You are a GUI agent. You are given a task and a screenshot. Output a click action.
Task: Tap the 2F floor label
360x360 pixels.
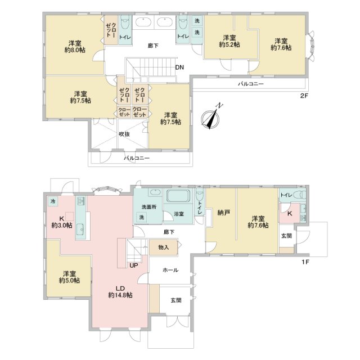[304, 96]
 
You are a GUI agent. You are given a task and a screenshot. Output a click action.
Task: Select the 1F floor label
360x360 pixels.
[305, 262]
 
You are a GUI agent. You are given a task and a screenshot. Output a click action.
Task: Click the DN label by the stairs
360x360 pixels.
[179, 67]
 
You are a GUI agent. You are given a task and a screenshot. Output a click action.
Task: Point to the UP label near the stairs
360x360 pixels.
[134, 265]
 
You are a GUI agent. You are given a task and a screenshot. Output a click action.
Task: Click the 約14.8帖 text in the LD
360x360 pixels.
[120, 295]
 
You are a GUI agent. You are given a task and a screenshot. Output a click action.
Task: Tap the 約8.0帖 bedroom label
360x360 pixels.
[75, 50]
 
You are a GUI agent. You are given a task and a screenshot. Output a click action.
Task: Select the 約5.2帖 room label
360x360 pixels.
[229, 44]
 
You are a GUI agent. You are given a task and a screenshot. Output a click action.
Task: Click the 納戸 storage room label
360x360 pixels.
[224, 213]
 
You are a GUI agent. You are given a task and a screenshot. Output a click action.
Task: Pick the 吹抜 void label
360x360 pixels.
[124, 134]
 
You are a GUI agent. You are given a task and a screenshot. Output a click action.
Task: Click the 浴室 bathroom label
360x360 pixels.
[179, 214]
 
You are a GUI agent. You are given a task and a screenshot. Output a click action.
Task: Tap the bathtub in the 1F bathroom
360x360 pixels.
[179, 196]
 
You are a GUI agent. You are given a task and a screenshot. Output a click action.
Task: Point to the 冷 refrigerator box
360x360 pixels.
[53, 201]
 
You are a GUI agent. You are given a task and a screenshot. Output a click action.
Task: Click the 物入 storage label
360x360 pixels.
[164, 247]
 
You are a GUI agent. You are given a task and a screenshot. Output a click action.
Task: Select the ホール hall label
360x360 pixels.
[170, 270]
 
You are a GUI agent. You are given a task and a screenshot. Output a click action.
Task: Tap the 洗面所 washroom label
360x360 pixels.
[149, 207]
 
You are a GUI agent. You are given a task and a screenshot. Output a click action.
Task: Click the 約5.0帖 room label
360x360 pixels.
[69, 280]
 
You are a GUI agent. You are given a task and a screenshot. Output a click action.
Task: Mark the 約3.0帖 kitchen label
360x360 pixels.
[62, 225]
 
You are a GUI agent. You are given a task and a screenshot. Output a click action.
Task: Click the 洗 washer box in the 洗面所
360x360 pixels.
[142, 217]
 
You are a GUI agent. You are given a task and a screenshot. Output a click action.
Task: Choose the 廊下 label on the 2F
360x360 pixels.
[153, 46]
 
